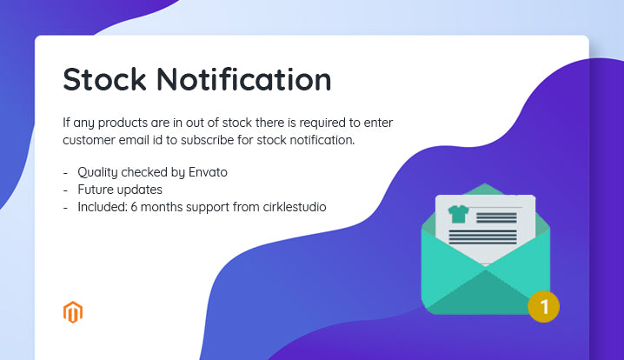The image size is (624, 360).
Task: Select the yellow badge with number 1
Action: click(544, 306)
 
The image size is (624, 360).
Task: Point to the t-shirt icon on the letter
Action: click(457, 214)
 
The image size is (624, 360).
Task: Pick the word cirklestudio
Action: click(291, 207)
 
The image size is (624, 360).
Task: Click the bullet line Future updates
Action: click(120, 190)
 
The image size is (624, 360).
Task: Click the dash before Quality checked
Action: click(66, 172)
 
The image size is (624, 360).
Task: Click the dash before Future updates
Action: click(66, 190)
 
